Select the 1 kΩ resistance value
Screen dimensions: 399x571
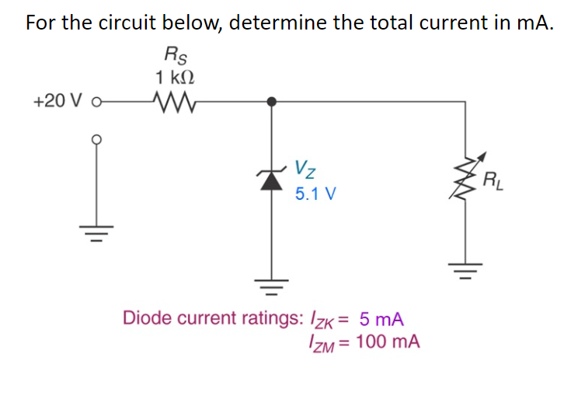[x=175, y=78]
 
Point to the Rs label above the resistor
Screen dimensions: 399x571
[x=175, y=56]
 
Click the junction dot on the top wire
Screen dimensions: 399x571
[x=271, y=101]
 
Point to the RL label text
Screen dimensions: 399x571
[x=493, y=184]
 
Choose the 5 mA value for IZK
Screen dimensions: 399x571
[x=381, y=319]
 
